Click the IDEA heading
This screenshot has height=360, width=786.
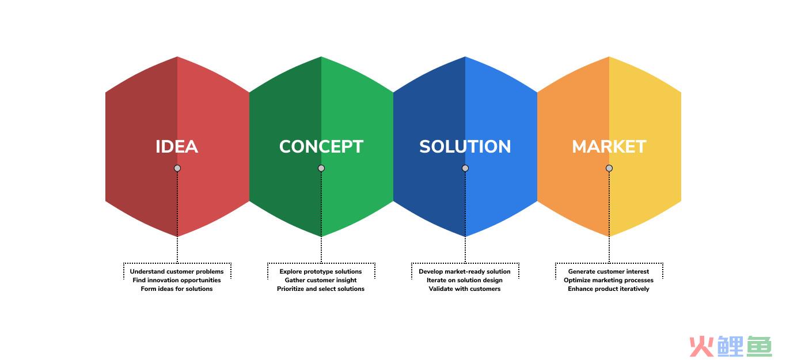[x=177, y=146]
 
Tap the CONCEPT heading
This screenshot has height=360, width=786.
[x=321, y=146]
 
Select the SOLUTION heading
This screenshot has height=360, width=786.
[x=465, y=146]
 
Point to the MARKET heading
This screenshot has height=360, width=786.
[x=609, y=146]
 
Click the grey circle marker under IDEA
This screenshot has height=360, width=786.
[x=177, y=168]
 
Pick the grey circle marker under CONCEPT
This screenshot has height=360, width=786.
[x=321, y=168]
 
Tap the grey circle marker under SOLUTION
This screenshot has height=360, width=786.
[x=465, y=168]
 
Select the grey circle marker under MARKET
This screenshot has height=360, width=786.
[x=609, y=168]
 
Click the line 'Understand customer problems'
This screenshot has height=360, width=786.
[x=177, y=271]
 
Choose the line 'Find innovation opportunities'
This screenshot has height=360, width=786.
[x=177, y=281]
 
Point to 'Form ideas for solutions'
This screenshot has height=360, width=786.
[x=177, y=289]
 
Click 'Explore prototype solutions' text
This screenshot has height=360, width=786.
[x=320, y=271]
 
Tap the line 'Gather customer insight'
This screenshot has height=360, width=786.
[x=320, y=281]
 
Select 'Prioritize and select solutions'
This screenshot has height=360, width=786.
[x=320, y=289]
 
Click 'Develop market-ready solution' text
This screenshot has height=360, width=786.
[x=465, y=271]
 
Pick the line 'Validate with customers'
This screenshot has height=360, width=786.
[x=465, y=289]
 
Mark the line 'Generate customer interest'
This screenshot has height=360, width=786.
[x=609, y=271]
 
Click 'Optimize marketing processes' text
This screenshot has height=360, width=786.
[x=609, y=281]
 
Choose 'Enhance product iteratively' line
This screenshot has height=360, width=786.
[x=609, y=289]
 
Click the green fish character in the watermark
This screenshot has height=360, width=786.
[x=759, y=346]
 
